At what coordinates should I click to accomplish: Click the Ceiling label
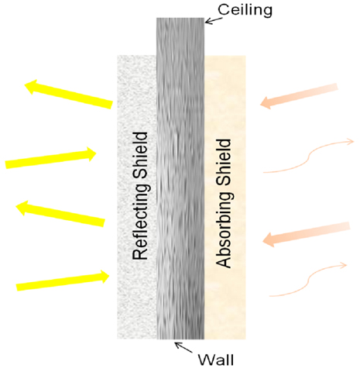tap(245, 10)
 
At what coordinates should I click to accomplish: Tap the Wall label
tap(216, 360)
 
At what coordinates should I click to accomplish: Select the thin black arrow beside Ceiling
tap(214, 21)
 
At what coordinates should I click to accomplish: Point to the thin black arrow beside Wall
tap(183, 347)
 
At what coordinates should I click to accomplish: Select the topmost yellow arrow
tap(69, 94)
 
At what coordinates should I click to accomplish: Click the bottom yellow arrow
tap(63, 281)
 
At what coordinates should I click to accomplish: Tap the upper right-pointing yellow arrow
tap(51, 157)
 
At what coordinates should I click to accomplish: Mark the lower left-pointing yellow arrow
tap(60, 213)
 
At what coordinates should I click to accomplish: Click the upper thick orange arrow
tap(299, 96)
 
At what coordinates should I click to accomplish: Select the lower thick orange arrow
tap(306, 234)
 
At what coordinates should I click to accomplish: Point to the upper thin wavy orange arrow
tap(308, 157)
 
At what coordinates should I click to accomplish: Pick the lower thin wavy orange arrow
tap(308, 281)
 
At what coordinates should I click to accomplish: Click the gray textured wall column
tap(180, 178)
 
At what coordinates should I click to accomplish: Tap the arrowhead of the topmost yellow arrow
tap(32, 86)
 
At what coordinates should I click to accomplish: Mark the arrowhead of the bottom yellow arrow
tap(104, 277)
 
